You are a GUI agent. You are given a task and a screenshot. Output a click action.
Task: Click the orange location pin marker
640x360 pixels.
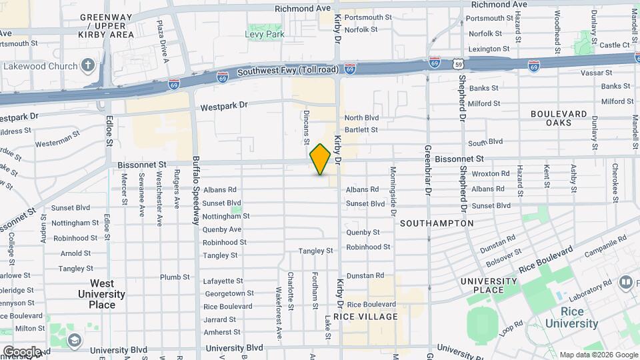click(x=321, y=159)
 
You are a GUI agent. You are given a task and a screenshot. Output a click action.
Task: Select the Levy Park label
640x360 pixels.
click(x=266, y=34)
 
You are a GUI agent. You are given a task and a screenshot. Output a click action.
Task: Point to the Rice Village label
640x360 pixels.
click(x=365, y=317)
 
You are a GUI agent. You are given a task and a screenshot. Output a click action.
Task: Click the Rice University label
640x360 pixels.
click(x=571, y=317)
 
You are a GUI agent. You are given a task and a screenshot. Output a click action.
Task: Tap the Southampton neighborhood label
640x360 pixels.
click(x=437, y=223)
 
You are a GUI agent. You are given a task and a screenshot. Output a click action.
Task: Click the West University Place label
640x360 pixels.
click(x=101, y=294)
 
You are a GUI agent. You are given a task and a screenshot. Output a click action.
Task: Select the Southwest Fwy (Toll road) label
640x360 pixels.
click(x=288, y=70)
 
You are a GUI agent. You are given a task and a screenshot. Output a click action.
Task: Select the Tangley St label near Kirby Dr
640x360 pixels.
click(x=315, y=251)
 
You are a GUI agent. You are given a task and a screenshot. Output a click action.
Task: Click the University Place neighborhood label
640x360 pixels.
click(x=489, y=285)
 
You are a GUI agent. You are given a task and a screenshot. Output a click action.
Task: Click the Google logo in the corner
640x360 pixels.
click(x=21, y=351)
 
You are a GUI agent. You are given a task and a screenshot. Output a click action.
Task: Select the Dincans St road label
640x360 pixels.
click(x=307, y=127)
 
